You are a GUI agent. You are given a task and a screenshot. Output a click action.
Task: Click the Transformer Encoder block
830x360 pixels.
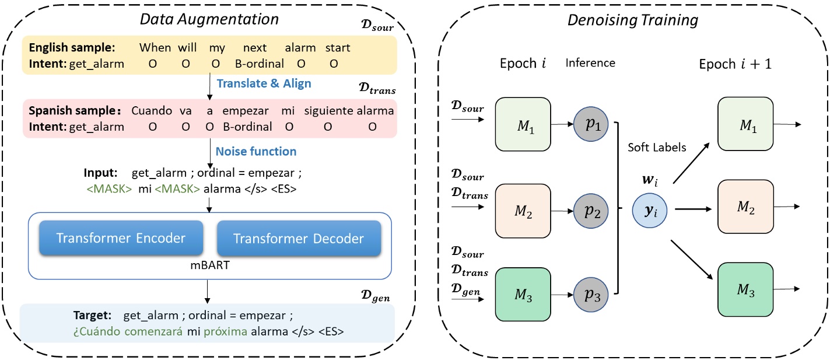coord(121,238)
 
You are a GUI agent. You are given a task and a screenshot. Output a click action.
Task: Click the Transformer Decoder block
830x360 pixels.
coord(299,238)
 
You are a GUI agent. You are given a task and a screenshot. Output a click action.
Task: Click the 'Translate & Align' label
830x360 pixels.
coord(264,83)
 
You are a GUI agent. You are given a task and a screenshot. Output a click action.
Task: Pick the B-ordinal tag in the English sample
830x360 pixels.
coord(260,64)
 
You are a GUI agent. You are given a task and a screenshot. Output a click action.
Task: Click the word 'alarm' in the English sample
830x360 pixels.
coord(300,48)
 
